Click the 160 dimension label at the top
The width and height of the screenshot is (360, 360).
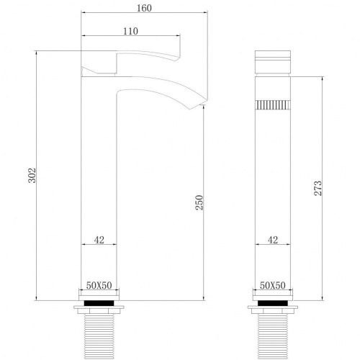144,8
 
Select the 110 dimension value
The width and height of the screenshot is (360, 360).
130,31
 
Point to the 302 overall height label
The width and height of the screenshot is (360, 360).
32,176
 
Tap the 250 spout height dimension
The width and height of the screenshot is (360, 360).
199,202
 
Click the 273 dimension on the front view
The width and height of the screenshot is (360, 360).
318,188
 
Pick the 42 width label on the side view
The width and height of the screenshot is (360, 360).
99,240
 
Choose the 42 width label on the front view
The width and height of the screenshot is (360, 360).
273,240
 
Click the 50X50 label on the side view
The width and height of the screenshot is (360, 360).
99,285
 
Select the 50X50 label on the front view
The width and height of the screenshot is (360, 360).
273,285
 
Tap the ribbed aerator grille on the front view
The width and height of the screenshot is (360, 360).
273,105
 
